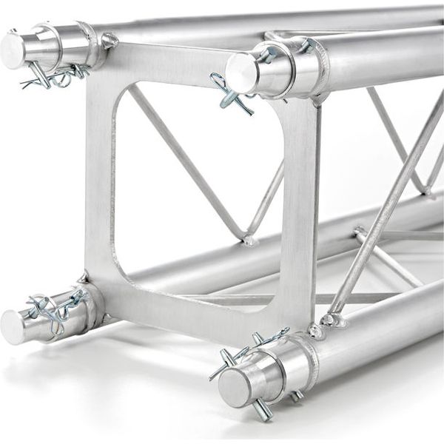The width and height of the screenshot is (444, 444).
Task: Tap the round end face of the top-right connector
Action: pyautogui.click(x=241, y=73)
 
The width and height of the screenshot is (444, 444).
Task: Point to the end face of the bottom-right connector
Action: pyautogui.click(x=234, y=386)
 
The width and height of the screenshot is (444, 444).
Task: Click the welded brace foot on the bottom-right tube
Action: pyautogui.click(x=332, y=320)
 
